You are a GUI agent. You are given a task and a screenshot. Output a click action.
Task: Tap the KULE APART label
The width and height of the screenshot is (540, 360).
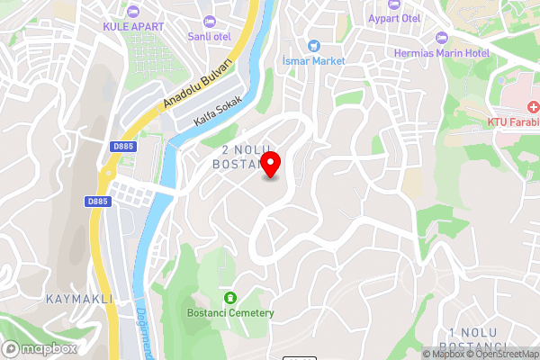[132, 26]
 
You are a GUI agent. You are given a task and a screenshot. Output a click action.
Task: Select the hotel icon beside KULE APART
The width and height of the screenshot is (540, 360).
[133, 11]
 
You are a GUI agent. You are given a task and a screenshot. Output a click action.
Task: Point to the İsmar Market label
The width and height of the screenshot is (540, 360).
[313, 60]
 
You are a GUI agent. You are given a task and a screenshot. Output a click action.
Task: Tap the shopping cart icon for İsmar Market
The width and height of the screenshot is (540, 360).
[313, 45]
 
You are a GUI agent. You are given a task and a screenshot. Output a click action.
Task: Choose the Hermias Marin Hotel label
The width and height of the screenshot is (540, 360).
[440, 52]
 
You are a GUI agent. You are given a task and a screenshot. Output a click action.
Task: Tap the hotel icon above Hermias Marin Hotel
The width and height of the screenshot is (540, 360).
[440, 37]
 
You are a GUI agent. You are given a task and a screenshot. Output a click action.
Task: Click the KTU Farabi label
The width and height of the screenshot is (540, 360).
[513, 121]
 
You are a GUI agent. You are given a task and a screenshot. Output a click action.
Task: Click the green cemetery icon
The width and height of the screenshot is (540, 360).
[229, 297]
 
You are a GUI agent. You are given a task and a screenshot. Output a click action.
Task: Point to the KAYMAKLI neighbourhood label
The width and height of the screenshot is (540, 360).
[78, 298]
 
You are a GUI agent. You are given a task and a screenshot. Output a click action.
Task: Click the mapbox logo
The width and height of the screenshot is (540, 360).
[40, 348]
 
